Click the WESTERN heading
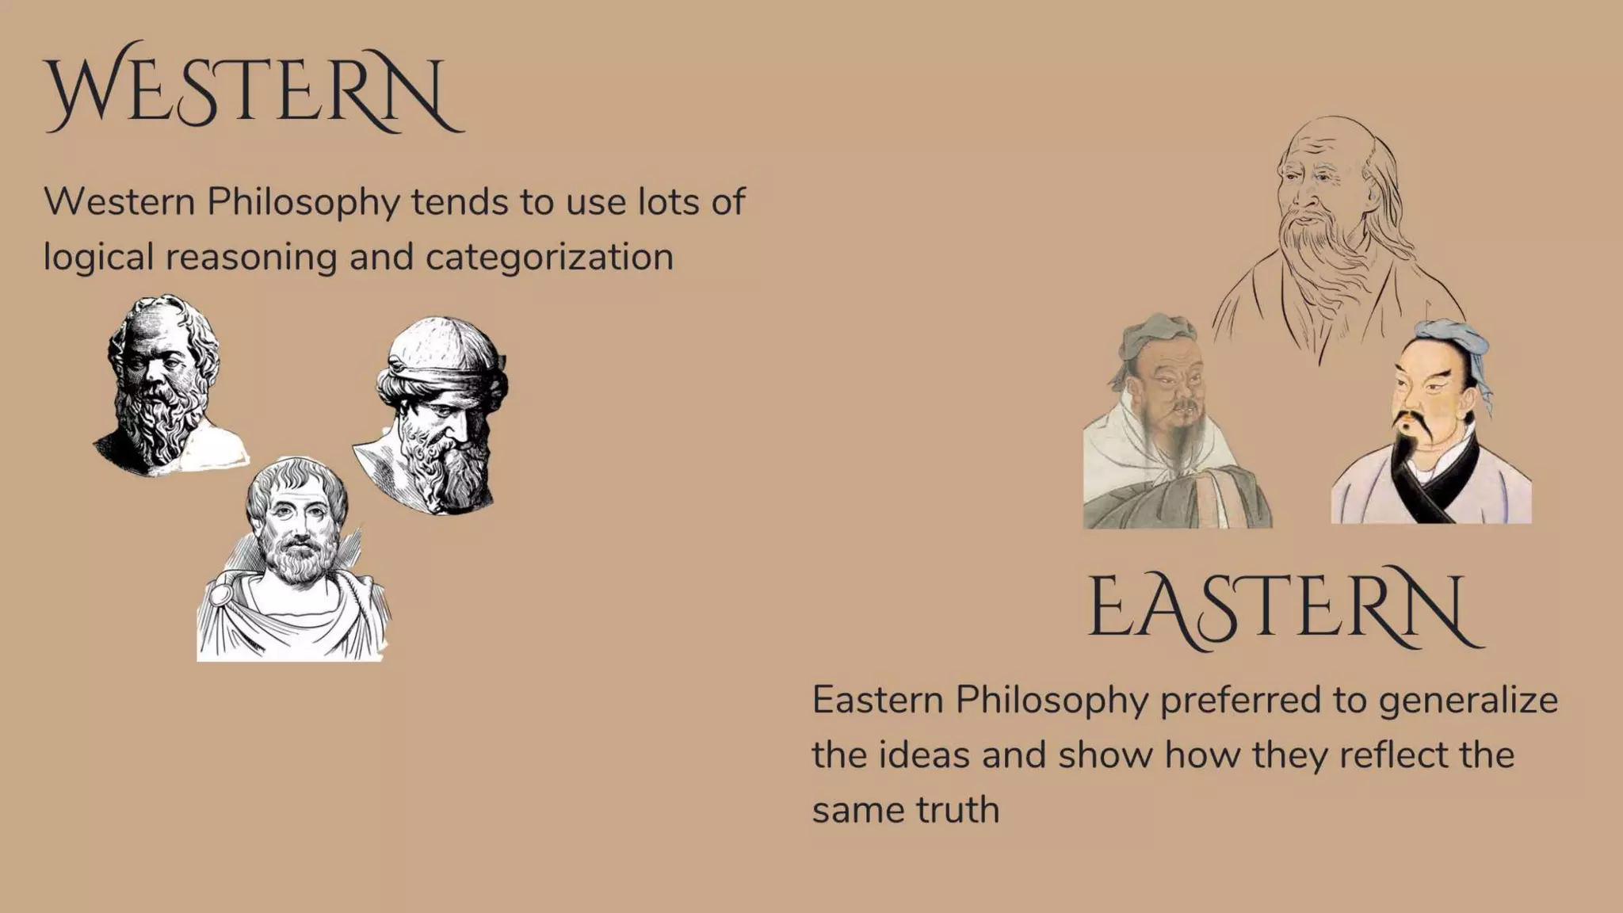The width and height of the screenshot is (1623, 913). pos(254,89)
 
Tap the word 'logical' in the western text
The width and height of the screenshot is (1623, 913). pos(97,258)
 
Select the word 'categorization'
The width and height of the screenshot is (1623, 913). pos(549,258)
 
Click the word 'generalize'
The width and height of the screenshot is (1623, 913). pos(1468,701)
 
